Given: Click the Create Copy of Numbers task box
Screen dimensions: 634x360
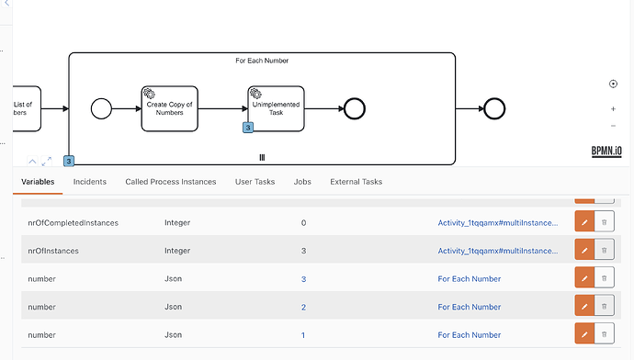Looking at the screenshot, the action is tap(169, 108).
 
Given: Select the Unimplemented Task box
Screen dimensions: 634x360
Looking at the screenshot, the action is tap(277, 108).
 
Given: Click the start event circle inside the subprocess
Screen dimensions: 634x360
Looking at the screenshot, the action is tap(101, 108).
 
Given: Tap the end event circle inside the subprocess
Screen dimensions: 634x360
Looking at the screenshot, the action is tap(355, 108).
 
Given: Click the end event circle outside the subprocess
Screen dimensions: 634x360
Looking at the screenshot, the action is tap(494, 108).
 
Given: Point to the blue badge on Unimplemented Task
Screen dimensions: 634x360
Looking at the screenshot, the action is tap(248, 128).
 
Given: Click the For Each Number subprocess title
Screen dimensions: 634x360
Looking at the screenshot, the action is tap(262, 61).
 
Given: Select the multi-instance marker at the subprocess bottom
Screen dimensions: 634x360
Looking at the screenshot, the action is tap(262, 158).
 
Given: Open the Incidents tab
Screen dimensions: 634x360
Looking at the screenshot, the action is tap(90, 182).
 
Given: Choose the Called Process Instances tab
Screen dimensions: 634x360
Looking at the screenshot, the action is tap(171, 182).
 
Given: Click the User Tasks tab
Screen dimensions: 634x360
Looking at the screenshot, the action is tap(255, 182).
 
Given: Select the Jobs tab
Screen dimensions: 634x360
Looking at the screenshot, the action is tap(302, 182).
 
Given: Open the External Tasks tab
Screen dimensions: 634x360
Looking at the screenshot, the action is tap(357, 182).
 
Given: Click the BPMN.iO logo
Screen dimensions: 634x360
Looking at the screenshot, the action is tap(606, 152).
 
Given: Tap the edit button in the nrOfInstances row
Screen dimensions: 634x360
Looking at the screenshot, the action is tap(584, 251).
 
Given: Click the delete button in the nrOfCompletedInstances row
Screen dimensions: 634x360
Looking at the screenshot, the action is tap(605, 222).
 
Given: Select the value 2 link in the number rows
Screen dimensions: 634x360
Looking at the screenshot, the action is tap(303, 307).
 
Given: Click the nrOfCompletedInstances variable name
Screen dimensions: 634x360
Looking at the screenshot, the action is tap(74, 223).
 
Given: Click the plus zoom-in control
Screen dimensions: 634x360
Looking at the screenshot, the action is tap(613, 109).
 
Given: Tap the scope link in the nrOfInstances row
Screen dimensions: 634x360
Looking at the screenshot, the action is tap(498, 251).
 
